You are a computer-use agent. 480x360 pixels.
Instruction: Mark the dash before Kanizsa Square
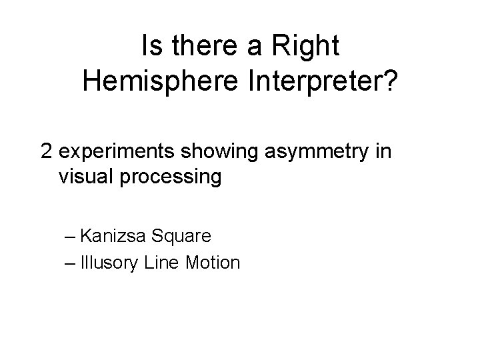pos(71,236)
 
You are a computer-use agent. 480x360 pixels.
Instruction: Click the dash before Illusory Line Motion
pos(71,263)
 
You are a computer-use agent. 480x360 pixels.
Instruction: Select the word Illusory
pos(111,263)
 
